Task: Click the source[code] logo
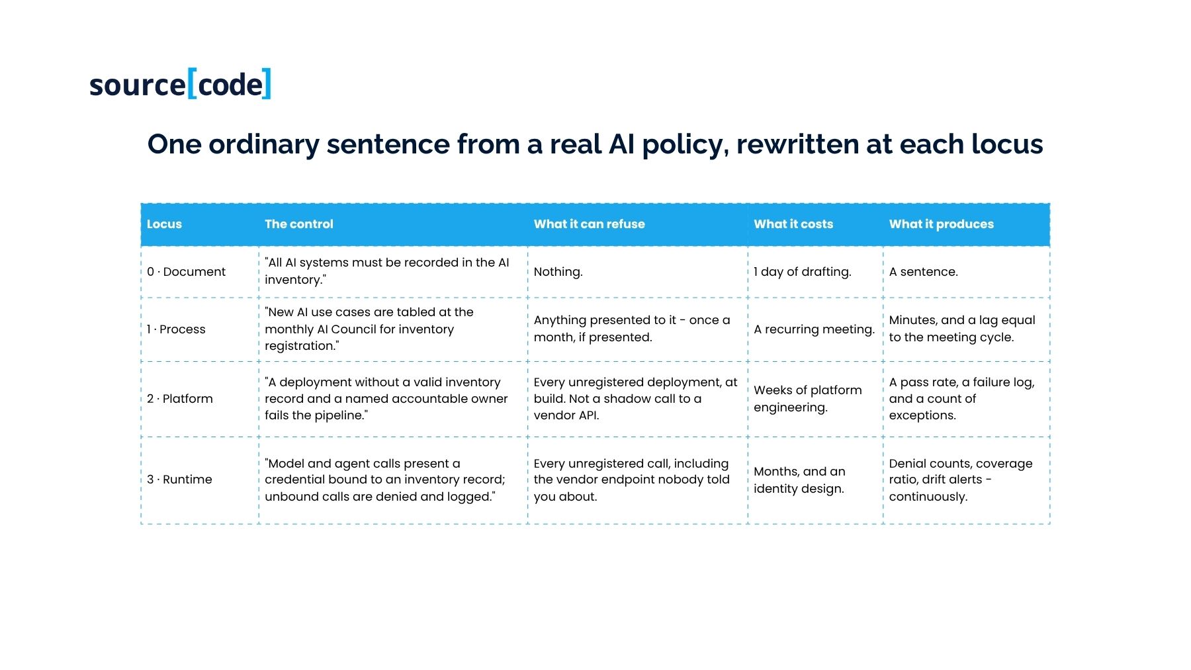180,84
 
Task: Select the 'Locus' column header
164,224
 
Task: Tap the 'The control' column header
299,224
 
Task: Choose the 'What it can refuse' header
589,224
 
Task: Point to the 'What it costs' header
793,224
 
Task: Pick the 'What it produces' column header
941,224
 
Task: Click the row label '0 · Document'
186,272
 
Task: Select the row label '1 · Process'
176,329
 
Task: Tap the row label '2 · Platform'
180,399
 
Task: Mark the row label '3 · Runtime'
179,480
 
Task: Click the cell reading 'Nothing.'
558,272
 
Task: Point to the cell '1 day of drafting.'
803,272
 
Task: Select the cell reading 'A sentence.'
923,272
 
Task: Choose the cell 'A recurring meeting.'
814,329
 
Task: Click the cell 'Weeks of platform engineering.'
808,399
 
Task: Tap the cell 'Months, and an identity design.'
799,480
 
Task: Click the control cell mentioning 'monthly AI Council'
369,329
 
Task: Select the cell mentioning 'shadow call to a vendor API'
635,399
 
